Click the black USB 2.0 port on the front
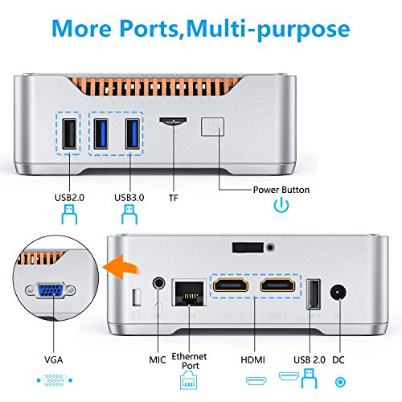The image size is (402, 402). [x=69, y=133]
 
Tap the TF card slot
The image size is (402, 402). [x=173, y=121]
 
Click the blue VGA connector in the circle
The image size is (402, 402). [x=51, y=291]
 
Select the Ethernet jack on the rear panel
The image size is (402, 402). [x=189, y=293]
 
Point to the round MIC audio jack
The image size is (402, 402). [x=159, y=283]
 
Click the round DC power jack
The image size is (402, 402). [x=338, y=293]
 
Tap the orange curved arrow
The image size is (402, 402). [x=121, y=267]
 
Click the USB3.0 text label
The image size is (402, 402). [x=129, y=198]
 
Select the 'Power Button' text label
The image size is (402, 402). [x=281, y=190]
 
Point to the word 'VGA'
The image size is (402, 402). [x=54, y=359]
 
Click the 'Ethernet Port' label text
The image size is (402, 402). [x=189, y=361]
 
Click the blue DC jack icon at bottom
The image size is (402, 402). [x=340, y=382]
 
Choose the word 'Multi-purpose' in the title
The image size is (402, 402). [x=268, y=29]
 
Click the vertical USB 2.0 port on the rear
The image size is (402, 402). [x=314, y=294]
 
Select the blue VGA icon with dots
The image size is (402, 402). [x=55, y=380]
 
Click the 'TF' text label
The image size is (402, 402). [x=174, y=198]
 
